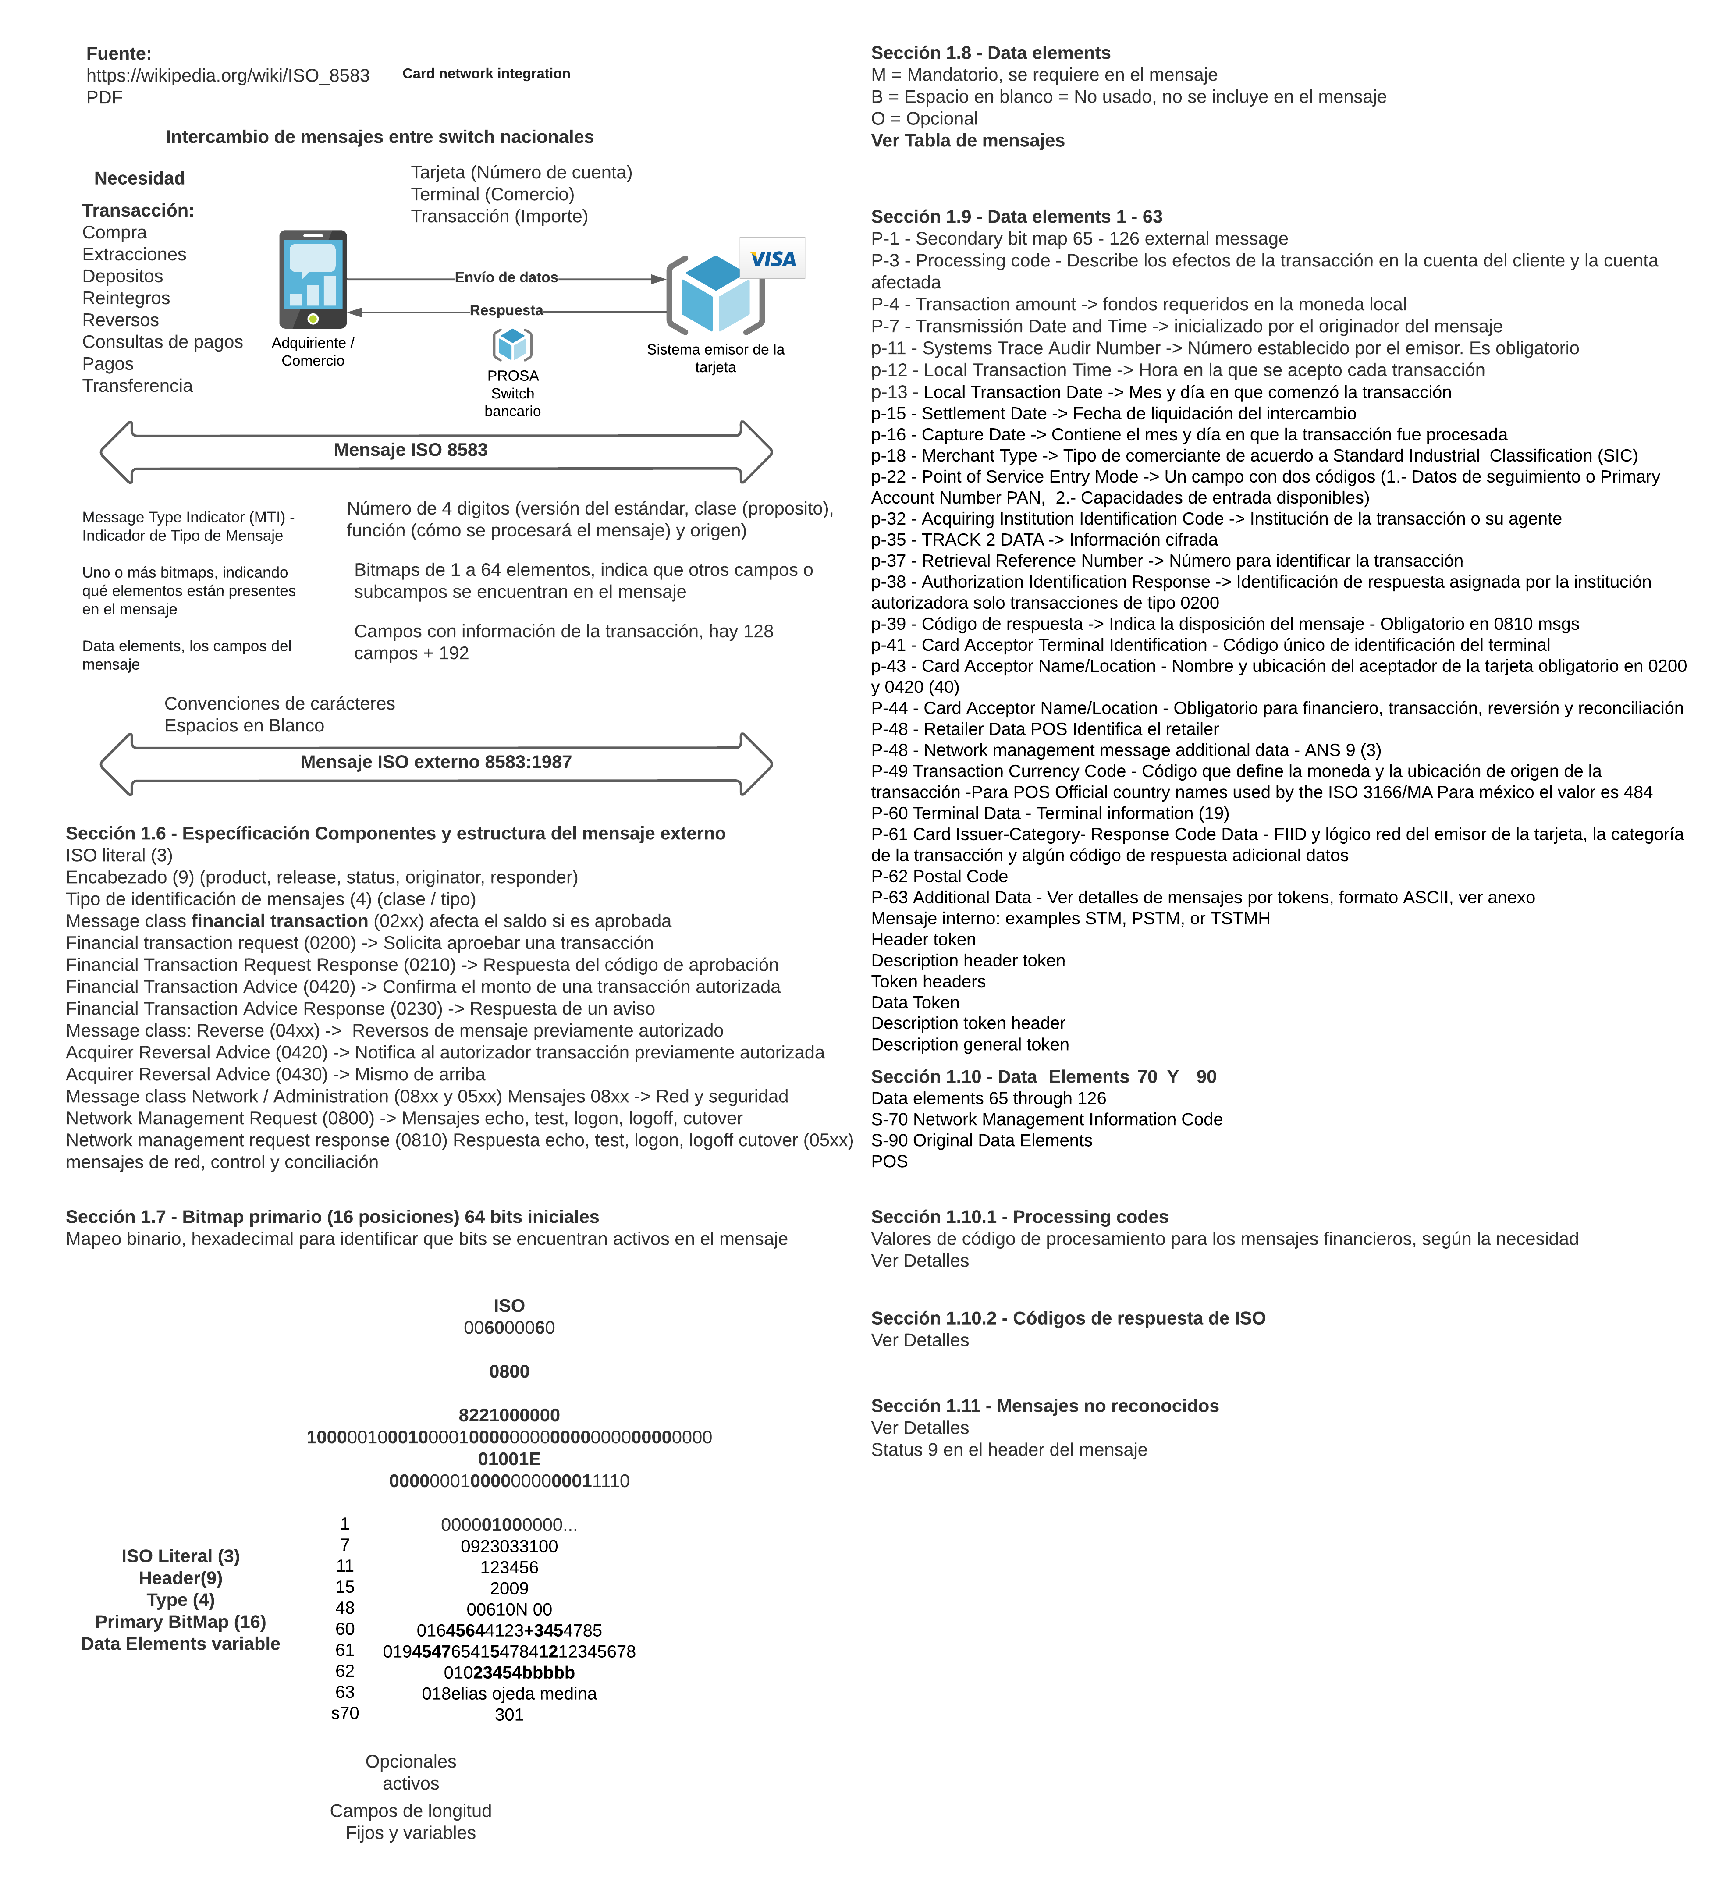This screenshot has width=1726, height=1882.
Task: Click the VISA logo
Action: pyautogui.click(x=772, y=259)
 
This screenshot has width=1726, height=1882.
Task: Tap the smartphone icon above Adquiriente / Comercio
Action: pyautogui.click(x=313, y=279)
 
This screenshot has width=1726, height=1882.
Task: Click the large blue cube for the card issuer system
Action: pyautogui.click(x=714, y=294)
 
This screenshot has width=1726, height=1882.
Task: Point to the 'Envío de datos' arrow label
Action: pyautogui.click(x=506, y=277)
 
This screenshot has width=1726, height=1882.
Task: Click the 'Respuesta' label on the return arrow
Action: pyautogui.click(x=506, y=310)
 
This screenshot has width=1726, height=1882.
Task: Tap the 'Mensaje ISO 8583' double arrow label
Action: pyautogui.click(x=411, y=450)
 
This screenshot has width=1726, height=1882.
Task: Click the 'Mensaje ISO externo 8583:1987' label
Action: pyautogui.click(x=436, y=762)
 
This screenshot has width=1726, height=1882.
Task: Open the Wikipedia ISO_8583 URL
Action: pyautogui.click(x=228, y=76)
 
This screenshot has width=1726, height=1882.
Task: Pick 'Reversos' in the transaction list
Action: pyautogui.click(x=121, y=320)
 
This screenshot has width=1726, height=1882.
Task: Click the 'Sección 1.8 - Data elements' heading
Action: pyautogui.click(x=990, y=53)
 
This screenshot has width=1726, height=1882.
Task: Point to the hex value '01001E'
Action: pyautogui.click(x=509, y=1459)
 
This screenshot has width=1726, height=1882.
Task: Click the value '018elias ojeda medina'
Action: pyautogui.click(x=509, y=1694)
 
